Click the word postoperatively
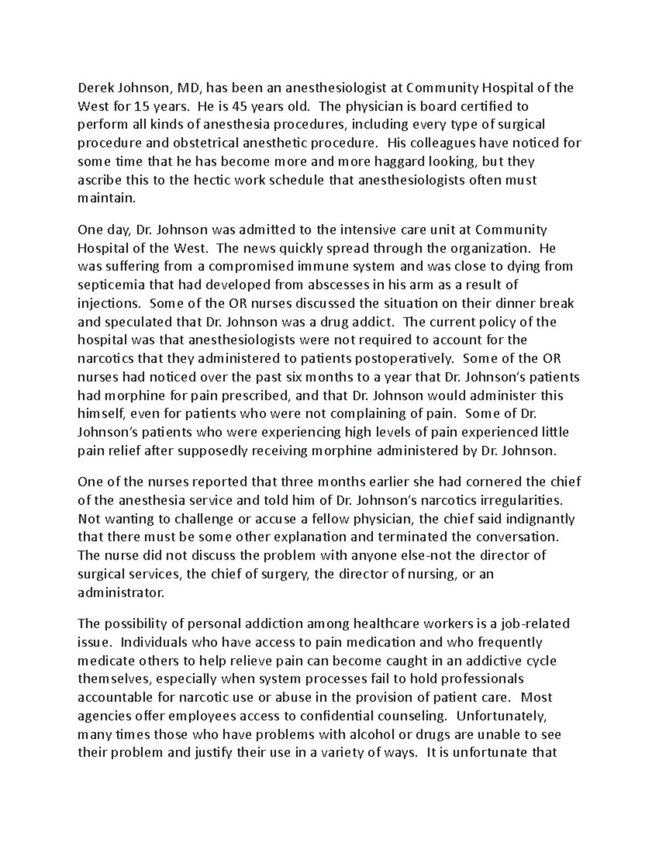coord(405,359)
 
